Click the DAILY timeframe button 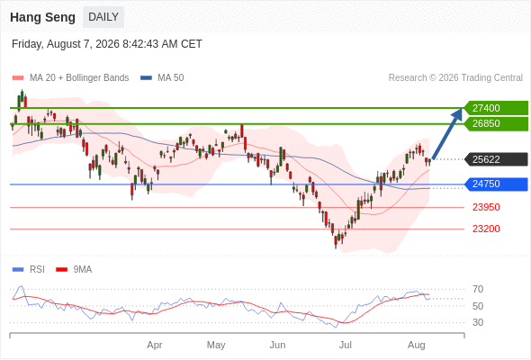point(103,17)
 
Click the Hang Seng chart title point(42,17)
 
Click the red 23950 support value point(486,207)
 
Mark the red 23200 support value point(486,229)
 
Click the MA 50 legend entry point(162,78)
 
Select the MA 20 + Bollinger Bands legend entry point(70,78)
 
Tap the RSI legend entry point(29,270)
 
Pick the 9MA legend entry point(74,270)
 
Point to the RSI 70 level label point(478,289)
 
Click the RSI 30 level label point(478,322)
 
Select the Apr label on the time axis point(155,345)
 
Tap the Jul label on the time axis point(346,345)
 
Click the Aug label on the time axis point(416,345)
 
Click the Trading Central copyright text point(455,78)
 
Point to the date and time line point(107,44)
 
